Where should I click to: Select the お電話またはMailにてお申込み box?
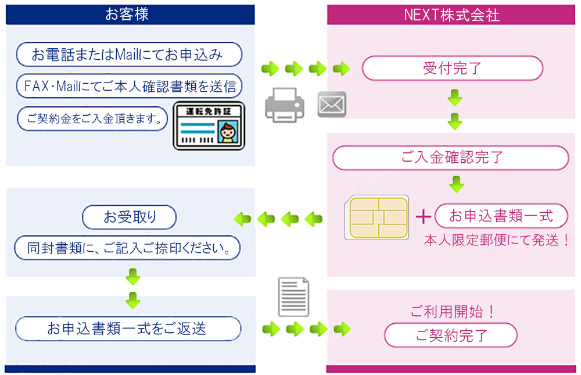[128, 55]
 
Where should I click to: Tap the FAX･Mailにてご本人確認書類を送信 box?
[129, 87]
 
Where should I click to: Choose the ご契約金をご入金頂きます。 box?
[92, 119]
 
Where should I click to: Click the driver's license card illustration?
[210, 127]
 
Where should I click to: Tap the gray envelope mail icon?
[332, 105]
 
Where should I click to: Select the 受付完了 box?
[452, 68]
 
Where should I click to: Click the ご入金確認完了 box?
[451, 158]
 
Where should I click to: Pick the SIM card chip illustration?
[376, 218]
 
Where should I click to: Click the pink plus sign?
[424, 217]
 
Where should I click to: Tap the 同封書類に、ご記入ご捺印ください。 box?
[127, 248]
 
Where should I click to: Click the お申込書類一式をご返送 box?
[127, 328]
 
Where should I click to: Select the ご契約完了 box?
[451, 335]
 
